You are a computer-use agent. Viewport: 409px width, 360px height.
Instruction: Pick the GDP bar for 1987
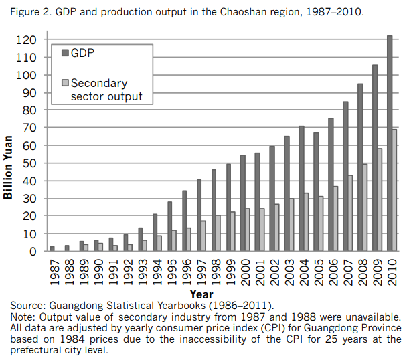(52, 249)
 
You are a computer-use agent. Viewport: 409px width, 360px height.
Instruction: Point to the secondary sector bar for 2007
(349, 213)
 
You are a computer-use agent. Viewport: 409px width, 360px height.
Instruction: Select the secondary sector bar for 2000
(247, 230)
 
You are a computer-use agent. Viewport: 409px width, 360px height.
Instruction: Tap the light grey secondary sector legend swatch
(64, 84)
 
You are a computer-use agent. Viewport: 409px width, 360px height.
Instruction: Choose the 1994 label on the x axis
(156, 272)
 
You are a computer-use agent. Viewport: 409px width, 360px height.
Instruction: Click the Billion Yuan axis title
(9, 163)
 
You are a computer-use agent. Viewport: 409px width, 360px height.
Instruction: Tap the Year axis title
(201, 294)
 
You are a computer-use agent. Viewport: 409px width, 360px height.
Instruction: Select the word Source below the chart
(27, 305)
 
